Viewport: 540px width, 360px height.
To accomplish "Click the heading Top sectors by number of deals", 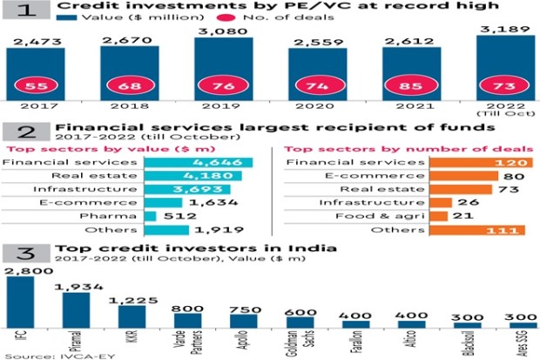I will [408, 148].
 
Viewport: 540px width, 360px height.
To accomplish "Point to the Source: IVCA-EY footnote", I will [39, 353].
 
